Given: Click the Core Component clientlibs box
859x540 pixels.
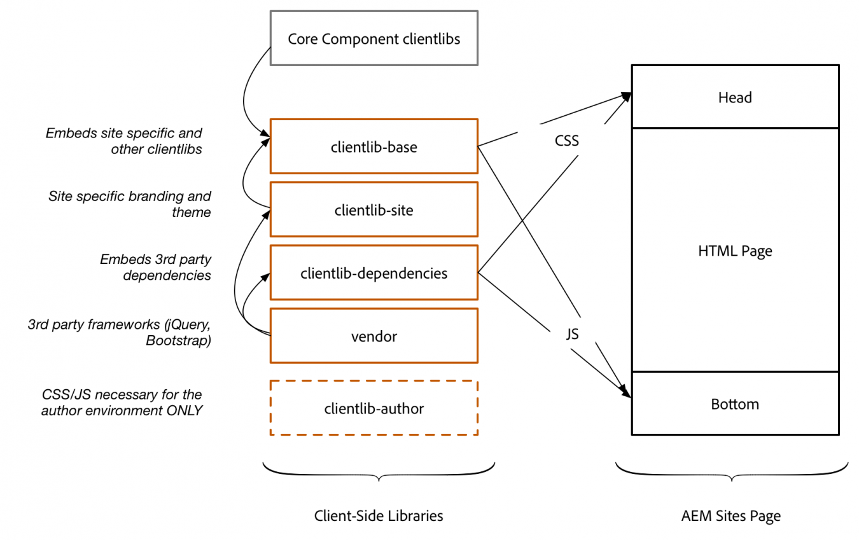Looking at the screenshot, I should tap(374, 38).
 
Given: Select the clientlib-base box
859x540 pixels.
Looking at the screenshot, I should tap(374, 146).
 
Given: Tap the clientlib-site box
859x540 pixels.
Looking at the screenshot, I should tap(374, 209).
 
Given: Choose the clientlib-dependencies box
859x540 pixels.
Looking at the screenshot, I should tap(374, 273).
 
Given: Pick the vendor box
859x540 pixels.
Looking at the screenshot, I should tap(374, 336).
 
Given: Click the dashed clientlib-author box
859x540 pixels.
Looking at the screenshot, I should tap(374, 408).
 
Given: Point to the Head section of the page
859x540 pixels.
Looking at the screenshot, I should tap(735, 97).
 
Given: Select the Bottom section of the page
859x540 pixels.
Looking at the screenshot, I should tap(735, 403).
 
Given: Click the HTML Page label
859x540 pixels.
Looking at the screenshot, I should tap(735, 251).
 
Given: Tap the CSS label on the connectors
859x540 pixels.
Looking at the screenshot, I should tap(566, 141).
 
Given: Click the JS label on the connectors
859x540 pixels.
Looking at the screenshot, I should tap(572, 334).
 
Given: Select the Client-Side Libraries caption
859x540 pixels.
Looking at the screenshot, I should tap(379, 515).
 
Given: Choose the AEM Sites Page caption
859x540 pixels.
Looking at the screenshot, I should tap(730, 516).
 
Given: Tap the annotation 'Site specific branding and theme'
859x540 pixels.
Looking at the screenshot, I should tap(130, 204).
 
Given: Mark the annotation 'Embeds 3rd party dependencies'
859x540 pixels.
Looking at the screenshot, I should tap(156, 267).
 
